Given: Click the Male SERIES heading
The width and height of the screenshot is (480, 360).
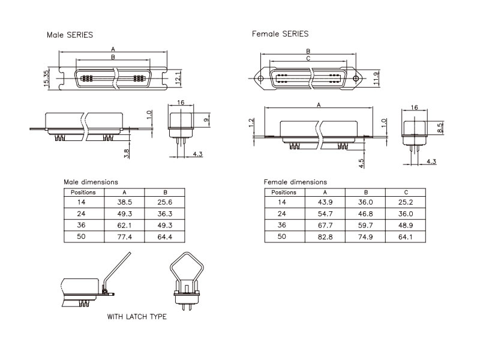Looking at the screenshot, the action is [x=70, y=35].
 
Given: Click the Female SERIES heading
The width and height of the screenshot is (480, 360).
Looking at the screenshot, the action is [x=280, y=34].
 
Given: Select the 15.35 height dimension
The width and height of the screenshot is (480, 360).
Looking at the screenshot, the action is [x=46, y=79].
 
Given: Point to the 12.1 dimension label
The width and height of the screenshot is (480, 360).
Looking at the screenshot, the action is [x=178, y=77].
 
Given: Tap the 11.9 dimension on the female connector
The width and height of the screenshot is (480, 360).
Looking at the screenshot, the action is [x=377, y=79].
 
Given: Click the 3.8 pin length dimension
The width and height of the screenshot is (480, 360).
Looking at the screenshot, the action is [x=127, y=154].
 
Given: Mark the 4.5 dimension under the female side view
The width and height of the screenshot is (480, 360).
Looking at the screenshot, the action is [x=361, y=163].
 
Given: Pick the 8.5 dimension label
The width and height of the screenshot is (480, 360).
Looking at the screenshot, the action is [x=440, y=128].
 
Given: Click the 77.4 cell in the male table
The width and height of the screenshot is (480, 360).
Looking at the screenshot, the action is [x=124, y=236].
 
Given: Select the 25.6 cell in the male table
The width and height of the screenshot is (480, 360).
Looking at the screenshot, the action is [x=164, y=202].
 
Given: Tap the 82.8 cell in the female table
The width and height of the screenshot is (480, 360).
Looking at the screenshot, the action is [x=325, y=236].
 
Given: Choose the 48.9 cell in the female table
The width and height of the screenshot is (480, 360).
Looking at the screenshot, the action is [x=406, y=226].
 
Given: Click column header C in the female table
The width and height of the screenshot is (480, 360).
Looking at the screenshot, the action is [x=406, y=192].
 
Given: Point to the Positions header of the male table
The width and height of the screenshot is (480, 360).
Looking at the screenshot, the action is [x=83, y=192].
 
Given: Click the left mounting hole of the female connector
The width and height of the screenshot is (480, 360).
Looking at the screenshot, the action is [x=260, y=79].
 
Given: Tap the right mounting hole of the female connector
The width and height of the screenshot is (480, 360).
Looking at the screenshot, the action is [x=356, y=79].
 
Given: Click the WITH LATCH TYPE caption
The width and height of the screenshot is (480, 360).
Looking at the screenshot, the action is [x=137, y=317].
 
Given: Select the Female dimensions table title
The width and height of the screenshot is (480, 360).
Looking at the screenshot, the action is [x=295, y=182].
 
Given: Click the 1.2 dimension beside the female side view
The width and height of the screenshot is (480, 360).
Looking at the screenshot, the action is [x=251, y=123].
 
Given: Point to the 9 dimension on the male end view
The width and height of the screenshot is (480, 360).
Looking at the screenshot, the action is [x=206, y=119].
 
